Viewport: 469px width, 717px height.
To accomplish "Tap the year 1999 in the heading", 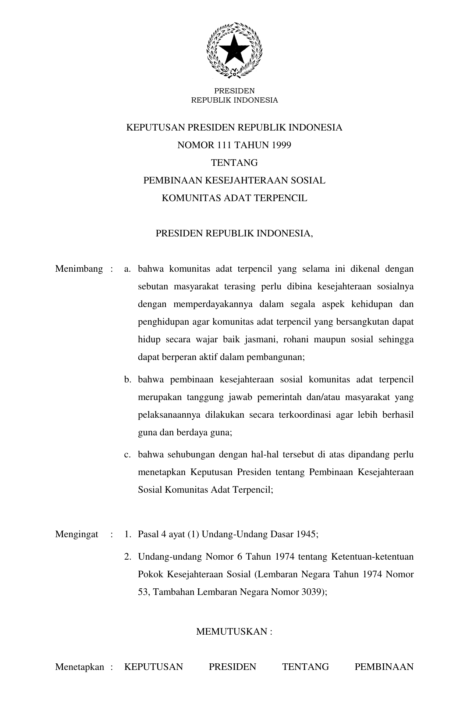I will pos(281,145).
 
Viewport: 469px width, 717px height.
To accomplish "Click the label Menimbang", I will pos(79,269).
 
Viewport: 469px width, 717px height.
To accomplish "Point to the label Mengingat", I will pos(77,534).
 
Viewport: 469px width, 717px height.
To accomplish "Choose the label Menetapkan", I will pos(79,667).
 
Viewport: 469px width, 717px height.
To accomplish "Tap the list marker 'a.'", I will pos(128,269).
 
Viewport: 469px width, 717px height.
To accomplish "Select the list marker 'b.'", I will pos(128,379).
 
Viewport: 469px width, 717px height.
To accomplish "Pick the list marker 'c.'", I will pos(128,454).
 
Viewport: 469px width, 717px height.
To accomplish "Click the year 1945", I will pos(306,534).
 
